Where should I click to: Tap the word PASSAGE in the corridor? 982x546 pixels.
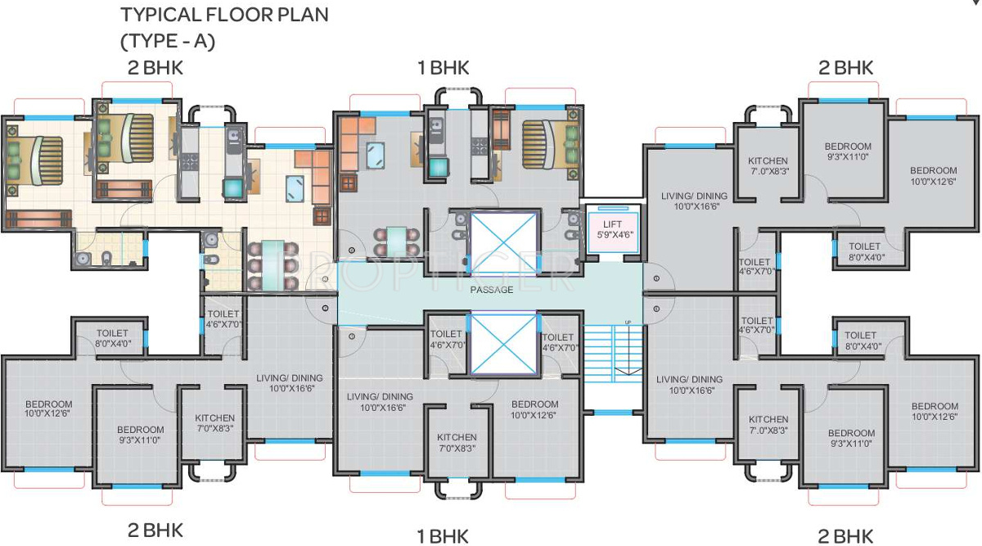tap(492, 290)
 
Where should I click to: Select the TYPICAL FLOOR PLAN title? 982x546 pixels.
tap(224, 15)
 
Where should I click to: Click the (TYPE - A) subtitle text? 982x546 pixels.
tap(168, 41)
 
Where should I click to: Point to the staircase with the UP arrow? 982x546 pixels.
tap(613, 353)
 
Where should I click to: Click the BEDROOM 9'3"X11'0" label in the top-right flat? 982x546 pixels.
tap(848, 151)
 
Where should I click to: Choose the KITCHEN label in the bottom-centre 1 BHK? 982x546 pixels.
tap(457, 443)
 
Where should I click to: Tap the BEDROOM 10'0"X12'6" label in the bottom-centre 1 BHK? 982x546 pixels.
tap(535, 409)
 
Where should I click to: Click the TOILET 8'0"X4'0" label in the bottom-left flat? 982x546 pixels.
tap(113, 339)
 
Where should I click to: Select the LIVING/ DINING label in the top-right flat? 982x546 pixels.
tap(694, 201)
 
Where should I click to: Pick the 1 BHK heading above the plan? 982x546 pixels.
tap(444, 68)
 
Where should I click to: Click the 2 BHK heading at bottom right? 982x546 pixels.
tap(845, 536)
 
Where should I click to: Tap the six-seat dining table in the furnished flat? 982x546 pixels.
tap(273, 265)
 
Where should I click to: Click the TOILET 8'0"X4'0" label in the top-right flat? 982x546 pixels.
tap(865, 252)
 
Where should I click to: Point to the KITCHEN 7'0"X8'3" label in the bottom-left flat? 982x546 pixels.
tap(214, 423)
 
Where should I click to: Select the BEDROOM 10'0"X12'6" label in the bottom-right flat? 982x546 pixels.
tap(935, 412)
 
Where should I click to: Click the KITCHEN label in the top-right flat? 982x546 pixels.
tap(768, 166)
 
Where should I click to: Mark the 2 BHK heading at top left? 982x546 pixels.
tap(155, 68)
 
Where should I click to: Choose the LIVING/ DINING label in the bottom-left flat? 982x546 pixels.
tap(290, 383)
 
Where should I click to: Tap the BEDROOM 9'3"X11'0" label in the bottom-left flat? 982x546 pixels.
tap(140, 435)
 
